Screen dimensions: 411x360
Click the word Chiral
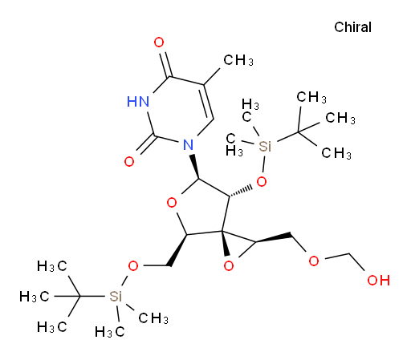[352, 27]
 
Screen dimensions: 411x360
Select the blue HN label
[138, 102]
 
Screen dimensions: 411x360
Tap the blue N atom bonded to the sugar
[188, 145]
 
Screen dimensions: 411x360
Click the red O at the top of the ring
[159, 42]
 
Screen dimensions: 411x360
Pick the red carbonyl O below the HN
[129, 162]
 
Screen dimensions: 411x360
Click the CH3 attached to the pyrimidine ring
[238, 60]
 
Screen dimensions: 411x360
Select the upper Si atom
[265, 146]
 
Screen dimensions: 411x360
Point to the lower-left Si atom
[116, 296]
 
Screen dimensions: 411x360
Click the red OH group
[378, 280]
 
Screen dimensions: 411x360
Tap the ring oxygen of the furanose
[172, 203]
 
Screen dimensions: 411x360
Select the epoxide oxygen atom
[229, 266]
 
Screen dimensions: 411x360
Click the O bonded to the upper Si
[262, 182]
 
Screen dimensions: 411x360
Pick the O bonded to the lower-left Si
[133, 266]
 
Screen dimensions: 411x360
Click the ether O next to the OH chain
[314, 261]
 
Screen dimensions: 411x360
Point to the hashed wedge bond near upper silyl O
[241, 191]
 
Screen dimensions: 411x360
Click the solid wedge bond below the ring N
[194, 166]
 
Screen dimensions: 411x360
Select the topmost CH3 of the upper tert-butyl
[311, 97]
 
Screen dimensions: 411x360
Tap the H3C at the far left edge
[35, 297]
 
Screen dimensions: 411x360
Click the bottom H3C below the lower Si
[110, 332]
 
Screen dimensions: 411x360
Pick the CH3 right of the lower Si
[153, 318]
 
